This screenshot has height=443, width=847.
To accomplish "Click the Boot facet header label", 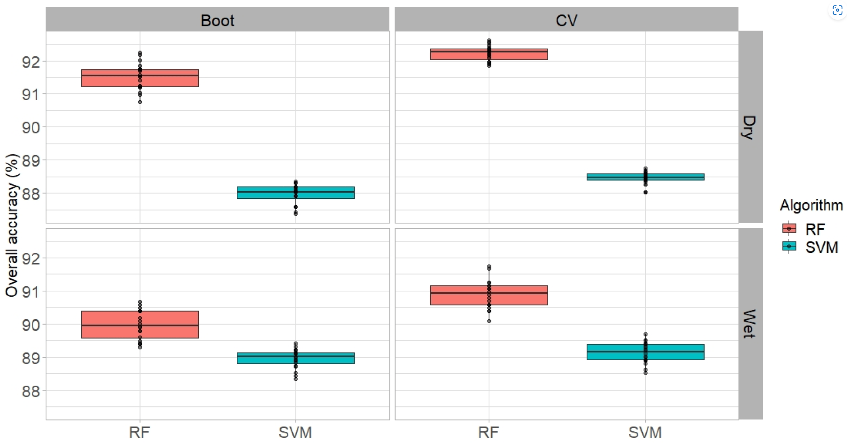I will pyautogui.click(x=218, y=20).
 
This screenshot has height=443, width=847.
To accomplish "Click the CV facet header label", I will pyautogui.click(x=566, y=20).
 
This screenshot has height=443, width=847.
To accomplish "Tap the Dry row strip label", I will pyautogui.click(x=749, y=127).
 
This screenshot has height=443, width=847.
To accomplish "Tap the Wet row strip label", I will pyautogui.click(x=749, y=324).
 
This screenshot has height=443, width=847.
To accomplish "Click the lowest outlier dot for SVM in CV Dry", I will pyautogui.click(x=645, y=192).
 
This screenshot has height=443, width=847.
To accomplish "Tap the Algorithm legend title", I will pyautogui.click(x=811, y=205).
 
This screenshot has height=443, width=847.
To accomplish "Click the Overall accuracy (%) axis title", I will pyautogui.click(x=12, y=225).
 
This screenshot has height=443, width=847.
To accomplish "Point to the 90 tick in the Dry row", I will pyautogui.click(x=31, y=128).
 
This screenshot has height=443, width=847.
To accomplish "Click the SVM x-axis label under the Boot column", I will pyautogui.click(x=295, y=432).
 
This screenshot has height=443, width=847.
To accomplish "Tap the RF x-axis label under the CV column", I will pyautogui.click(x=488, y=432).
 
